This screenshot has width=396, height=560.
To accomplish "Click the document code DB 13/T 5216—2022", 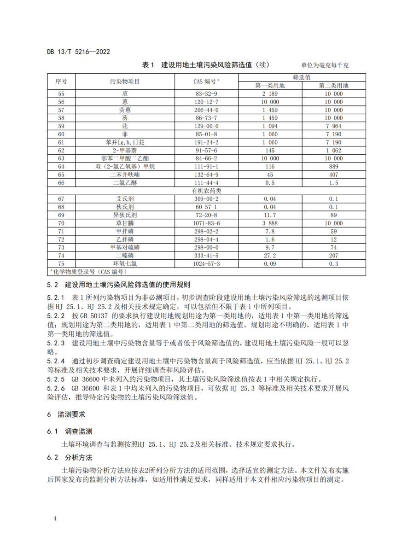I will click(78, 52).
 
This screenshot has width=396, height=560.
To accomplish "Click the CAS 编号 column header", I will click(206, 82).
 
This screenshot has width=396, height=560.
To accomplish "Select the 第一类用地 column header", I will click(270, 86).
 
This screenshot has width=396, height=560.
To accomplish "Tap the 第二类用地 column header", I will click(334, 86).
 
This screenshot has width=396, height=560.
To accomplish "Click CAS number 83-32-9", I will click(206, 93).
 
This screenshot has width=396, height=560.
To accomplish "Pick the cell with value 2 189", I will click(270, 93).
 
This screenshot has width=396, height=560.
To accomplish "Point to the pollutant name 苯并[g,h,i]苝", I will click(125, 142).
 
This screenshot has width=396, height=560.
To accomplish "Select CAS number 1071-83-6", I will click(206, 223).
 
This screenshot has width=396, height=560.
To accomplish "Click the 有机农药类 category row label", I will click(206, 191).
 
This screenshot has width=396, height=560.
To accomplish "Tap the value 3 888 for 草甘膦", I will click(270, 223).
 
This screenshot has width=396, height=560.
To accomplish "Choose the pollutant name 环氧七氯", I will click(125, 263).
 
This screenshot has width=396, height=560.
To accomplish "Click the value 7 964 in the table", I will click(334, 126).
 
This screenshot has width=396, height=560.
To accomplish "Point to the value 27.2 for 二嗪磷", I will click(270, 255).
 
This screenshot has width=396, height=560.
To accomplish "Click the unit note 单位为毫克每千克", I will click(325, 65).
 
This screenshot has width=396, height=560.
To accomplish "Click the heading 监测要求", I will click(71, 414).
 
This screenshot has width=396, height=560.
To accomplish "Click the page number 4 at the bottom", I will click(55, 519).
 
